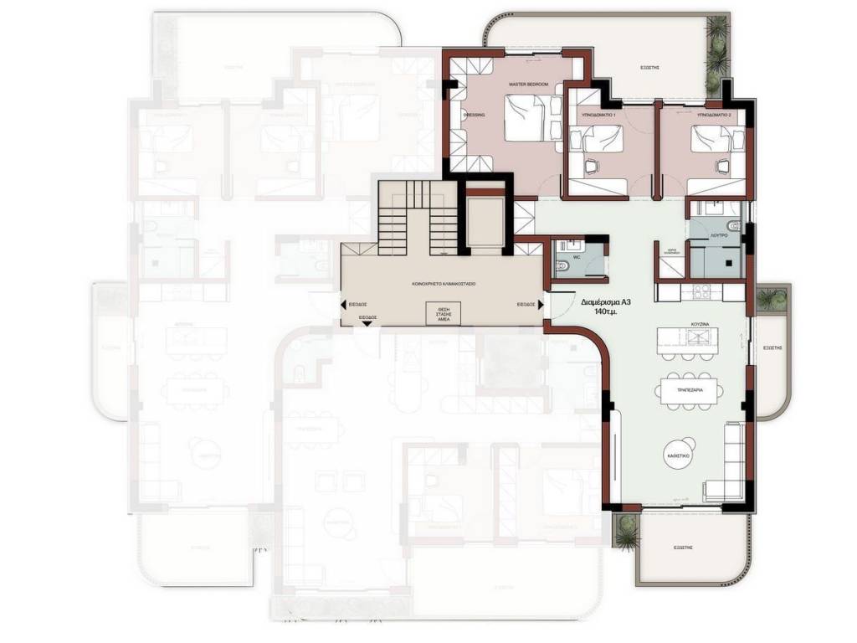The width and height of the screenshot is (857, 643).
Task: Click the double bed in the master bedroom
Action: pos(533,118)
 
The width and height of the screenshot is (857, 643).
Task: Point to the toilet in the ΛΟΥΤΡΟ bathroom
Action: pos(732,224)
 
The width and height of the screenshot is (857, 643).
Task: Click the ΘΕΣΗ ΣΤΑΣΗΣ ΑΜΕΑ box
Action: pos(444,313)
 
